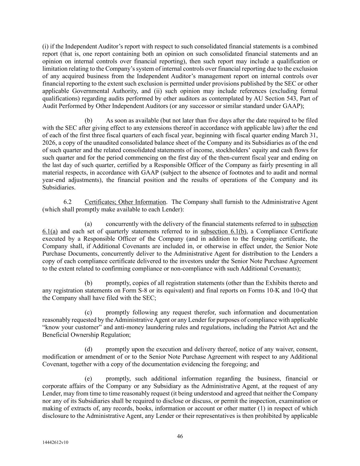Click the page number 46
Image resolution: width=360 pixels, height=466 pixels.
(180, 436)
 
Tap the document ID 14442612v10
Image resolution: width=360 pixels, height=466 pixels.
(55, 442)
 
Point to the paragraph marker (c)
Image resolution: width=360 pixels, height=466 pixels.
(88, 312)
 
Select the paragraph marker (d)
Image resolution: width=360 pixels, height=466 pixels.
(88, 349)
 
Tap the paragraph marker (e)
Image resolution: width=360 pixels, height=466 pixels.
(88, 379)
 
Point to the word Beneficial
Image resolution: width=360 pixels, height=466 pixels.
(56, 335)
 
